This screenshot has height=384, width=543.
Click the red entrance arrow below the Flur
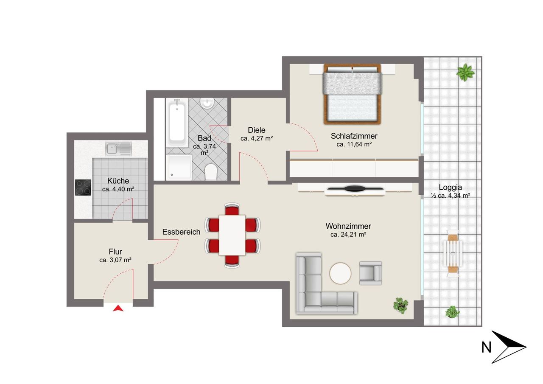[x=118, y=308]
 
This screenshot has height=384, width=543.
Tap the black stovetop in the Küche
[x=83, y=188]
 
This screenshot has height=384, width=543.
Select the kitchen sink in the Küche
[x=118, y=149]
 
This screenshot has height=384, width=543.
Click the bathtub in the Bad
[x=177, y=123]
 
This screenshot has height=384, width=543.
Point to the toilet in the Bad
[x=211, y=172]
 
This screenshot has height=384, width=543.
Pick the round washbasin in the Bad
[x=207, y=103]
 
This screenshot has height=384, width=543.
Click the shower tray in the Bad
[x=179, y=167]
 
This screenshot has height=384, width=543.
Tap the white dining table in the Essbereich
[x=232, y=235]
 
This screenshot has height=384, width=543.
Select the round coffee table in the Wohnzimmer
[x=340, y=273]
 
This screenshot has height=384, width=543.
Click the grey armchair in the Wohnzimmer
[x=370, y=273]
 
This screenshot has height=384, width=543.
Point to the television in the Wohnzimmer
[x=355, y=188]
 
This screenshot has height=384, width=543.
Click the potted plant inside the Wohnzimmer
[x=400, y=306]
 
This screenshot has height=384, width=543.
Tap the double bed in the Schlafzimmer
[x=353, y=94]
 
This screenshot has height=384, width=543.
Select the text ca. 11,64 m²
[x=354, y=144]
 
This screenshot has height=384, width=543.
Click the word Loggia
[x=450, y=188]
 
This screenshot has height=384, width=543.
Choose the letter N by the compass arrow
[x=486, y=348]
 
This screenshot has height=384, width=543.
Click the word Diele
[x=257, y=130]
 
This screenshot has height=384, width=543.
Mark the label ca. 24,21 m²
[x=348, y=235]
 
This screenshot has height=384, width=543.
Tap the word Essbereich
[x=181, y=232]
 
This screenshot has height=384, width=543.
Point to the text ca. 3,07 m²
[x=115, y=260]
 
